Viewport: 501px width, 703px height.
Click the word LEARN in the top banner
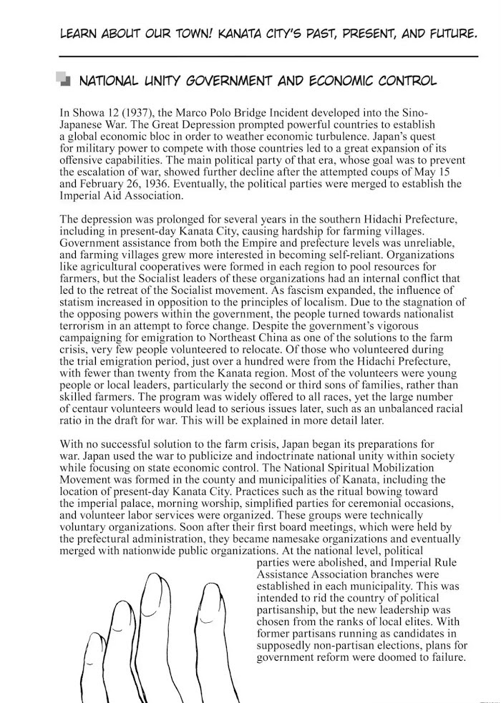(77, 33)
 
